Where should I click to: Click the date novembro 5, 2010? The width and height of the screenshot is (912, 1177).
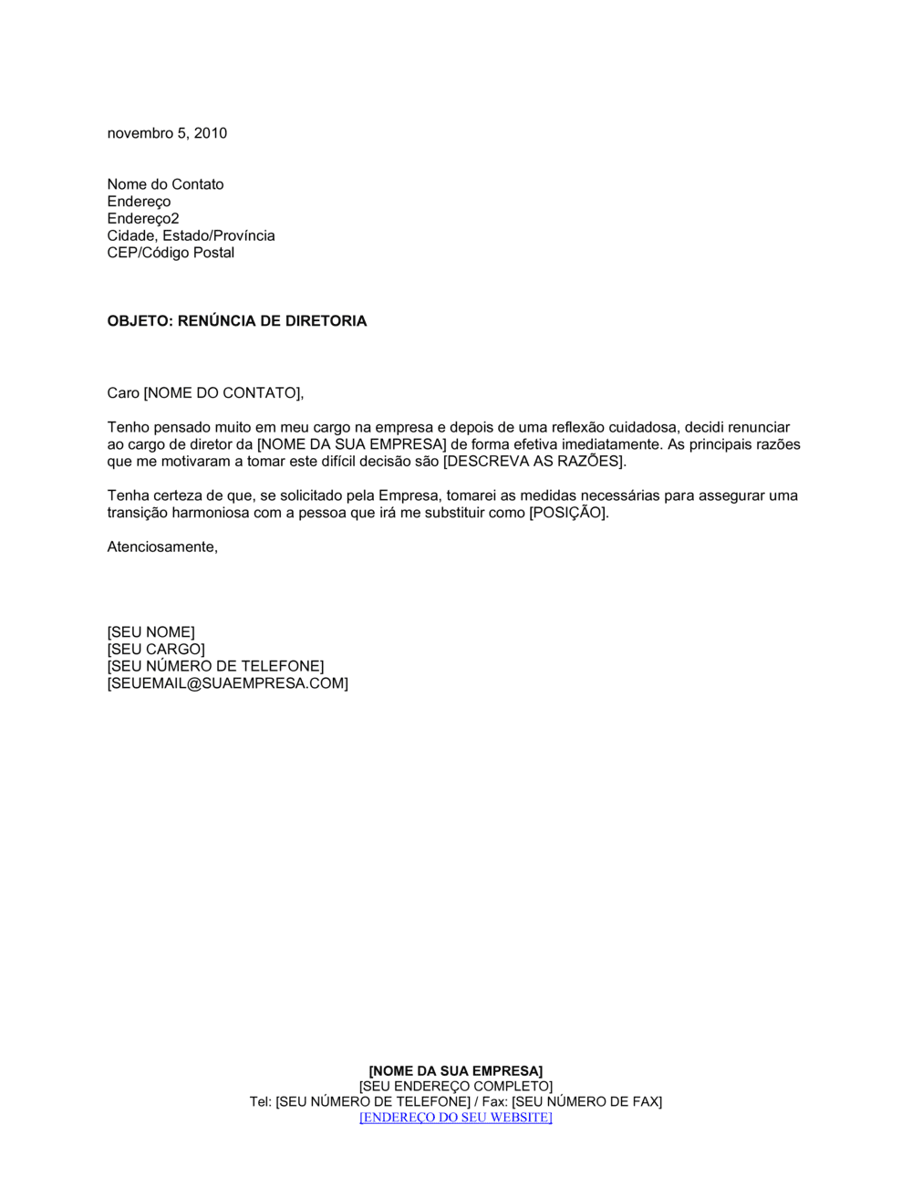pos(167,133)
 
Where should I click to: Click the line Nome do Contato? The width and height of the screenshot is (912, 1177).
pos(165,184)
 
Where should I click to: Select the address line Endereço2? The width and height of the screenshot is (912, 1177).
pos(143,218)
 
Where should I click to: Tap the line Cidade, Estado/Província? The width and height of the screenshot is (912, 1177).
pos(191,235)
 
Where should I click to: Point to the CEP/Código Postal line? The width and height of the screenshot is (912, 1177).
pos(171,253)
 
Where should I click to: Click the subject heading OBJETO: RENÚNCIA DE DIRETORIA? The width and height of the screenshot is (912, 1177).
pos(237,321)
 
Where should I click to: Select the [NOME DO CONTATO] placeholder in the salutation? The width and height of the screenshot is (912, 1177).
pos(222,393)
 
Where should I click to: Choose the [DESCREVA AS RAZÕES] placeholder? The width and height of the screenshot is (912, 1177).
pos(534,462)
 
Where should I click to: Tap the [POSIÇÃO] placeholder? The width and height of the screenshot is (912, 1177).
pos(567,513)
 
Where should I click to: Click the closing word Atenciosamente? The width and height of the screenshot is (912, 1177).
pos(161,547)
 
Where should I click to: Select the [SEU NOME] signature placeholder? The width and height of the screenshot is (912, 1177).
pos(150,632)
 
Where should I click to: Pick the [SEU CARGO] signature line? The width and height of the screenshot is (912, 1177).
pos(156,650)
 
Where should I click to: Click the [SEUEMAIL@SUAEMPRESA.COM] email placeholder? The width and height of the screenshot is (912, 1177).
pos(227,683)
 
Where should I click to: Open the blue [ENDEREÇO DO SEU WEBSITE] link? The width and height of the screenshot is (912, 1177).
pos(456,1118)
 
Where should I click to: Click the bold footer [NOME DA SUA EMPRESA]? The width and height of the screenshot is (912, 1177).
pos(456,1071)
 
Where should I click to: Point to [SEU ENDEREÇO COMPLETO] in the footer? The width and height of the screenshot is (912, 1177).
pos(456,1087)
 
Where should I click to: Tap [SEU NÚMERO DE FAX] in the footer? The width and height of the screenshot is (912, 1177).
pos(586,1102)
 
